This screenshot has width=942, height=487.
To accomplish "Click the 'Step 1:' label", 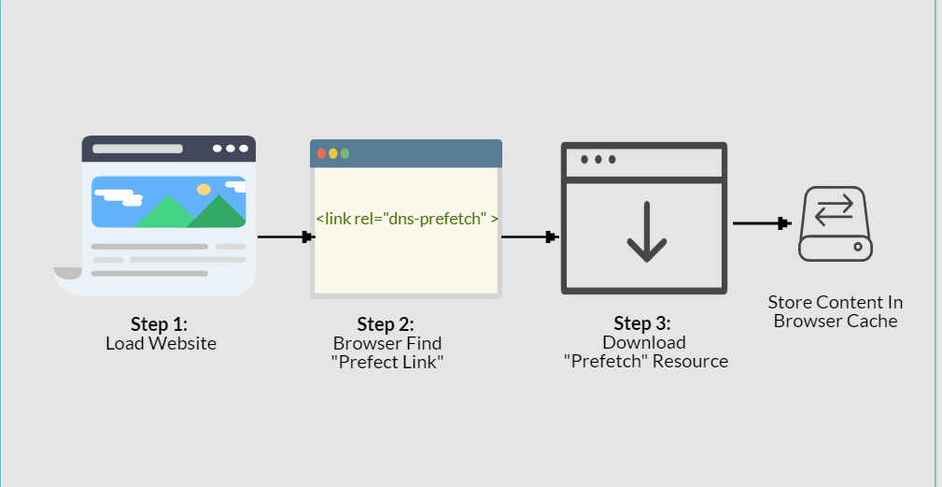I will (160, 324).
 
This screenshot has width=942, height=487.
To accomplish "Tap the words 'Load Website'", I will (161, 343).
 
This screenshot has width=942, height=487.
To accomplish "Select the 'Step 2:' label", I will (386, 324).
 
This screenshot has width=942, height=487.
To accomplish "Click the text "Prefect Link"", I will (387, 362).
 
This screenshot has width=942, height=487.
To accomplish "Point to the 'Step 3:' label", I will (643, 323).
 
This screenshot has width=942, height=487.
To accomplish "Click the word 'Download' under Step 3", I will (644, 342).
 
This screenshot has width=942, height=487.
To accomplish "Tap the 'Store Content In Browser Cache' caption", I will (836, 311).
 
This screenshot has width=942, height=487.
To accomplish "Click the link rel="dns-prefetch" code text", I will (407, 218).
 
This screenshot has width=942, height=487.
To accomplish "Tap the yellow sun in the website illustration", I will (204, 190).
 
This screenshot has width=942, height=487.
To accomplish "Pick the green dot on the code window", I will (344, 153).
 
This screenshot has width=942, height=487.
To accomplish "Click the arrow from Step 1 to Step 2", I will (284, 236).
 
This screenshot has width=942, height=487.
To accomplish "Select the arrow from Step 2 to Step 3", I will (530, 236).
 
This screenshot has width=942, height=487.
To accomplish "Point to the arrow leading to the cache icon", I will (762, 223).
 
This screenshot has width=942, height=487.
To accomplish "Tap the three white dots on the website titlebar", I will (231, 149).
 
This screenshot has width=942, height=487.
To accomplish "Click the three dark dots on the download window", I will (598, 160).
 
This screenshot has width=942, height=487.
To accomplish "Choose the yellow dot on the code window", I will (333, 153).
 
